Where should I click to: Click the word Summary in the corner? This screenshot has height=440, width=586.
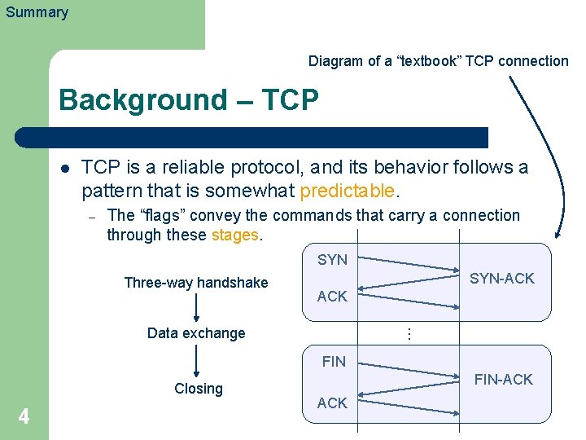[37, 12]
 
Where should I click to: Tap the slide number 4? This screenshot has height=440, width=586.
[24, 417]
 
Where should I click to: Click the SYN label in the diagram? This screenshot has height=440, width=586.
[332, 260]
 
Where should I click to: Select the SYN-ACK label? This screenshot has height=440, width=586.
[502, 279]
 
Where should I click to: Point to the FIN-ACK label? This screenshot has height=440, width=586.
[503, 380]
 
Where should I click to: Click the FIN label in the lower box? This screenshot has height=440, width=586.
[334, 361]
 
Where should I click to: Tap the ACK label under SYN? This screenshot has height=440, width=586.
[332, 297]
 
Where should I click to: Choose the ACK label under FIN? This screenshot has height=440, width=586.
[332, 403]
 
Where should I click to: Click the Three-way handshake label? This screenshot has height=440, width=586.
[195, 283]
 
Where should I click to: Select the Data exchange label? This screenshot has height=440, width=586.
[196, 332]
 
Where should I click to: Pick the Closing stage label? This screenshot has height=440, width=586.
[199, 389]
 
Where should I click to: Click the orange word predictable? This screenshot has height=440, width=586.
[348, 191]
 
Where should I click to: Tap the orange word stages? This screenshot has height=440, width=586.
[234, 235]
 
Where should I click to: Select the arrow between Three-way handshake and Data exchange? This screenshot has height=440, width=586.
[196, 308]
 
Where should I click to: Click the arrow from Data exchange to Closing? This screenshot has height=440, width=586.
[197, 360]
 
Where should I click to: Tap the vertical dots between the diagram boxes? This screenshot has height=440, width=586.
[410, 333]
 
